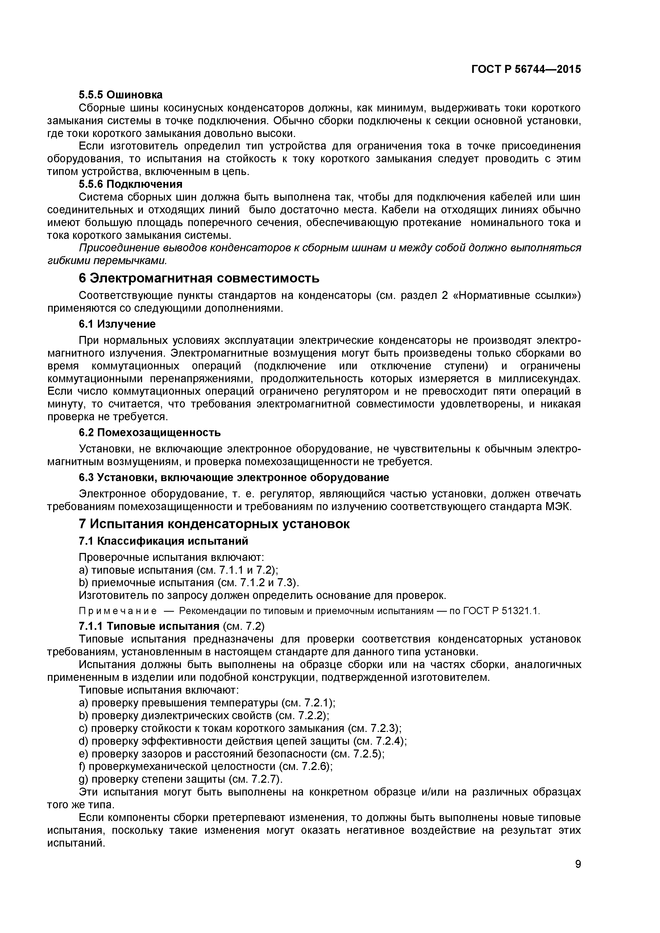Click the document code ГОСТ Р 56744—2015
coord(526,69)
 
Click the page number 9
coord(578,875)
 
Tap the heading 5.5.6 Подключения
coord(130,184)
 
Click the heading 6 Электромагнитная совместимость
coord(199,278)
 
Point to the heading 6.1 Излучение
coord(117,324)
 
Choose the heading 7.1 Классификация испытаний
coord(163,541)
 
